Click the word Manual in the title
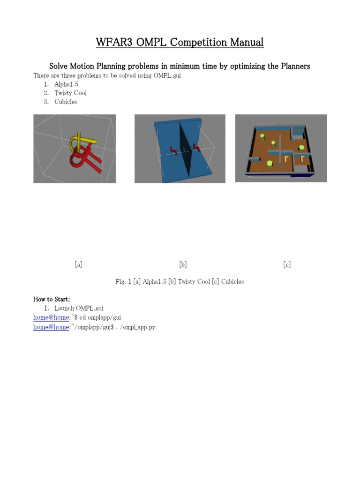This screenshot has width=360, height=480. pyautogui.click(x=247, y=43)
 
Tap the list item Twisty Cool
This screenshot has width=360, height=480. pyautogui.click(x=70, y=93)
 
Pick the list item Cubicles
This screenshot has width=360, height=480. pyautogui.click(x=66, y=101)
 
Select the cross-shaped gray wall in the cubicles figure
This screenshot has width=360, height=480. pyautogui.click(x=280, y=150)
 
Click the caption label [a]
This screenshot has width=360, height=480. pyautogui.click(x=78, y=264)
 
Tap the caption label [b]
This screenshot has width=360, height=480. pyautogui.click(x=183, y=264)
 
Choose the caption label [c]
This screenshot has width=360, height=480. pyautogui.click(x=287, y=264)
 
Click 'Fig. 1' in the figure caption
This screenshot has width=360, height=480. pyautogui.click(x=123, y=282)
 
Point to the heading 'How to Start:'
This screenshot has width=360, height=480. pyautogui.click(x=52, y=299)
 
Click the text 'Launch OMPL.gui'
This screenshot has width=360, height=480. pyautogui.click(x=79, y=308)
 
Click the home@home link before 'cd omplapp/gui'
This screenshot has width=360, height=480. pyautogui.click(x=51, y=317)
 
